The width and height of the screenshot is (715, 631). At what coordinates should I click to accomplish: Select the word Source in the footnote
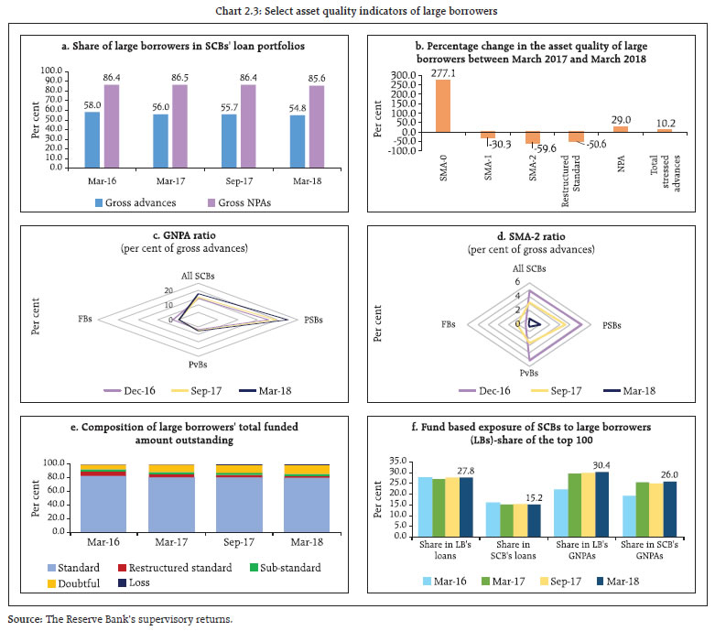(x=23, y=619)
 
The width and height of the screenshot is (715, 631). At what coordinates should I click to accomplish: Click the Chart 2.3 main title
(x=356, y=11)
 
